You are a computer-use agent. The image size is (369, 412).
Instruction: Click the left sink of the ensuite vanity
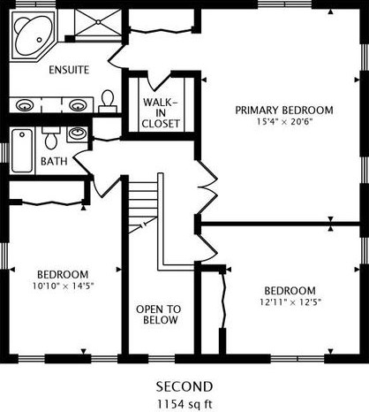[26, 104]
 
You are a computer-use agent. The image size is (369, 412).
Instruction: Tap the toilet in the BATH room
[51, 140]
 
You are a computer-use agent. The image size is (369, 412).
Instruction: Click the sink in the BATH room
[77, 135]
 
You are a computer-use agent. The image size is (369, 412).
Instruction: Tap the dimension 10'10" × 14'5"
[63, 261]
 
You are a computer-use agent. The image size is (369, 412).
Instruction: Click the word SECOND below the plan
[184, 386]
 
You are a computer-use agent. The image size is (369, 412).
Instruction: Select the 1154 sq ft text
[184, 402]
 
